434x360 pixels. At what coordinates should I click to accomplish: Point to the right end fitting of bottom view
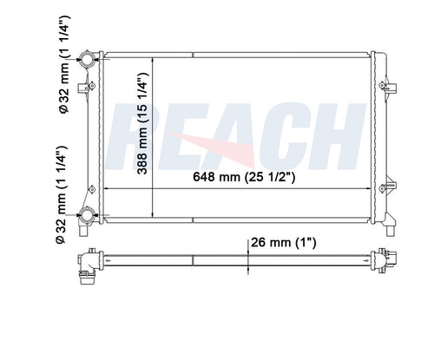382,259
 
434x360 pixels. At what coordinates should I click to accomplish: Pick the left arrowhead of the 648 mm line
106,188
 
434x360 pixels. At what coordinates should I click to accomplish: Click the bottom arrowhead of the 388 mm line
154,214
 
